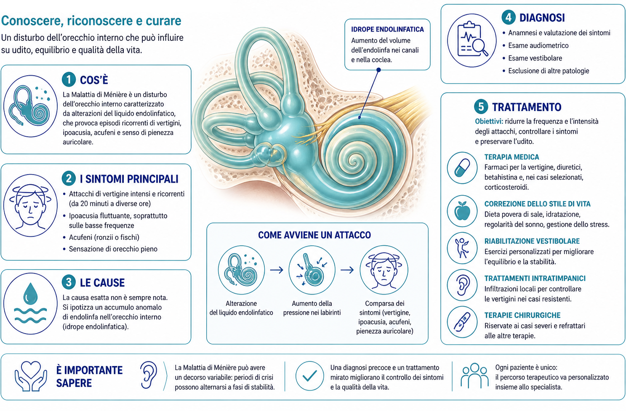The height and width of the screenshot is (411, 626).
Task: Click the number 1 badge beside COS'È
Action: click(x=69, y=79)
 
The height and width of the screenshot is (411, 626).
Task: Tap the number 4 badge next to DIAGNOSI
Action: click(x=509, y=17)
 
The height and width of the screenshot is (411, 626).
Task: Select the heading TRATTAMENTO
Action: click(x=527, y=107)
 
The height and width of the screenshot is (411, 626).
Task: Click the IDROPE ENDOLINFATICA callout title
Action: click(x=387, y=29)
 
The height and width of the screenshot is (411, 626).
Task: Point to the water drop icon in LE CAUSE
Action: click(x=30, y=294)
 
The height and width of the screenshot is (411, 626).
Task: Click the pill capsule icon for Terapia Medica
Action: click(x=462, y=168)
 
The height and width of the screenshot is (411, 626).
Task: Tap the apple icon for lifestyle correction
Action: click(x=462, y=211)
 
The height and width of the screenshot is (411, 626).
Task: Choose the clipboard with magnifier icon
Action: click(x=472, y=40)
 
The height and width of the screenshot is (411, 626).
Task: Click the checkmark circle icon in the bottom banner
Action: click(x=310, y=376)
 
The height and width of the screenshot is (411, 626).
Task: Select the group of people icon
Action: click(x=474, y=376)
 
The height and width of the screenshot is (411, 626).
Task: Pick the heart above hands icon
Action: click(x=31, y=376)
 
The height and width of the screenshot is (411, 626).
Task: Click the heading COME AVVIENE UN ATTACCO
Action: click(x=314, y=235)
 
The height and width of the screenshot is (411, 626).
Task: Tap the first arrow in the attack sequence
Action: click(x=277, y=270)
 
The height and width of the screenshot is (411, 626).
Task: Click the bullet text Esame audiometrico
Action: click(x=538, y=45)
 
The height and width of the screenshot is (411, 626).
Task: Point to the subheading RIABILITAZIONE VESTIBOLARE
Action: click(x=532, y=241)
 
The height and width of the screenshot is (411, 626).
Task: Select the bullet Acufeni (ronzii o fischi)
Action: click(x=104, y=237)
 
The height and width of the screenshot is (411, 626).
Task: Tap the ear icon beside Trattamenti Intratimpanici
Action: click(x=462, y=285)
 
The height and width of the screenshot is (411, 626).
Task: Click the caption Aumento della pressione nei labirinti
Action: click(x=312, y=308)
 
